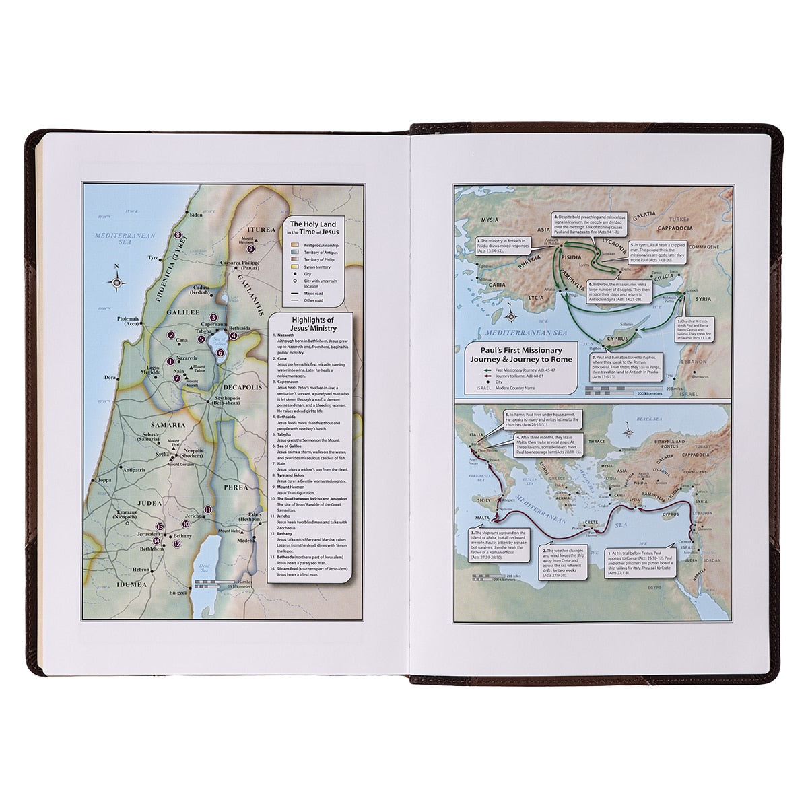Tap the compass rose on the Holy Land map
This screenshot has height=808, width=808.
116,283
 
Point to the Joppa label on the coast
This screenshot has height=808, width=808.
104,481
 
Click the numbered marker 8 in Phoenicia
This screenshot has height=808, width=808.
178,236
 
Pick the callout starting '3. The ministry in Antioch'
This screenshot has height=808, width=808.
508,244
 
